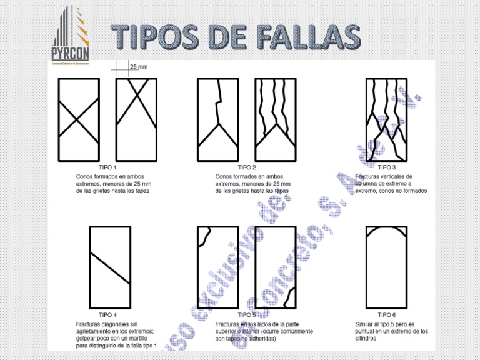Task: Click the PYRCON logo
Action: point(71,36)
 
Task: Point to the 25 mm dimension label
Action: point(138,66)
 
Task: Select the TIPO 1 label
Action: point(109,168)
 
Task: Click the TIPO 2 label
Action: point(247,168)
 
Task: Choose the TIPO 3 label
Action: point(387,168)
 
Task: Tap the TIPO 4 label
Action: point(109,316)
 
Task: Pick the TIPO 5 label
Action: point(247,316)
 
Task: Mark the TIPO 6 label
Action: point(387,316)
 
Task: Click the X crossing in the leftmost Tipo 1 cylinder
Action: point(78,119)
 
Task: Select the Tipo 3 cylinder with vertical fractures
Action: point(387,120)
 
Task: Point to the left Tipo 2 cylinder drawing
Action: point(217,120)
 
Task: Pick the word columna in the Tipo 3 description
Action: point(368,184)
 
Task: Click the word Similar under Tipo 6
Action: point(365,324)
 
